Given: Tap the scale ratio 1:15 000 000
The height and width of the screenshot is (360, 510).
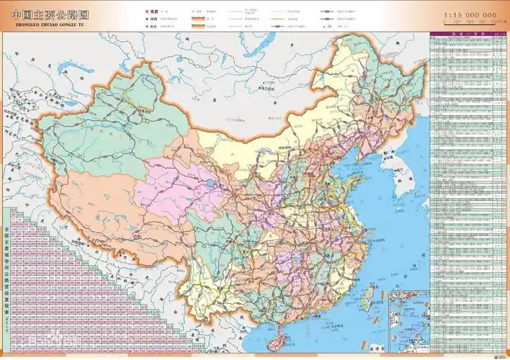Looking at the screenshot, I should (x=469, y=14).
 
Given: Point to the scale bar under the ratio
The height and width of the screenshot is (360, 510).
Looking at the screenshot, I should (x=469, y=24).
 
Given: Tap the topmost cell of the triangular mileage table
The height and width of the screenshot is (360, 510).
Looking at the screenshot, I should (x=9, y=211).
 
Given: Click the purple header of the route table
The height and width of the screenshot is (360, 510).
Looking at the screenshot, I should (x=467, y=34).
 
